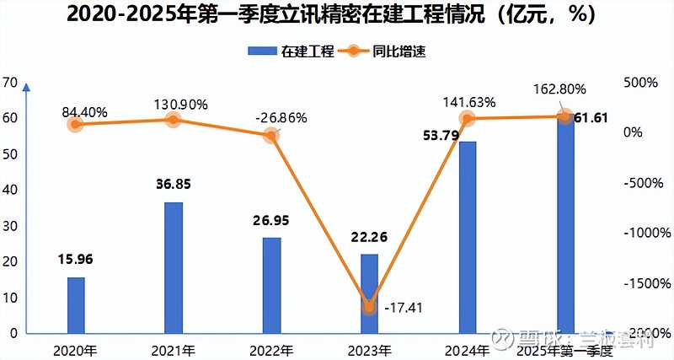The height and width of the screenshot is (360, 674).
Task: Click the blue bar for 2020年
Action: (76, 304)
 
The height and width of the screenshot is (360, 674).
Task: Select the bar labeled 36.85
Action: (174, 267)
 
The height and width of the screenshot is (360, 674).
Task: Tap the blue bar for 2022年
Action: (271, 285)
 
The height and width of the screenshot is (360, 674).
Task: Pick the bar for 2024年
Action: (468, 237)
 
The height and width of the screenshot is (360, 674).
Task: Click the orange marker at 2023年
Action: (369, 307)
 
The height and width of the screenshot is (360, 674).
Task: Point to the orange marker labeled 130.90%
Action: (173, 120)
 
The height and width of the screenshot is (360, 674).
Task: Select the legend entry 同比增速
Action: (388, 51)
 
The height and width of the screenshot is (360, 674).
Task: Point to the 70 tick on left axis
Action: (10, 83)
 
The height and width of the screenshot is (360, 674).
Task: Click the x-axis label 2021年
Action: (174, 349)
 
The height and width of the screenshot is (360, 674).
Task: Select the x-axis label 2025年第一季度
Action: (565, 349)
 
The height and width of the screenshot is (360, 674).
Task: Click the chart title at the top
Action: (337, 15)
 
